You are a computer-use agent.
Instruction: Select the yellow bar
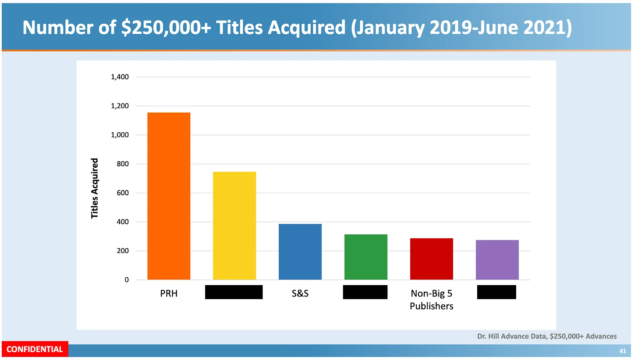234,226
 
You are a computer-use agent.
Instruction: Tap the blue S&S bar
300,251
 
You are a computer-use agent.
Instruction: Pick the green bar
366,257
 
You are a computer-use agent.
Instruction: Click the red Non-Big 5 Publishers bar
432,259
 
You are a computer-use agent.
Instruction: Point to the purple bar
497,260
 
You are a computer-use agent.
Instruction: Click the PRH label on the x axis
169,293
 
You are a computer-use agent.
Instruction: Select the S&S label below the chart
300,293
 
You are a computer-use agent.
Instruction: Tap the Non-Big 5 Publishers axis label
432,300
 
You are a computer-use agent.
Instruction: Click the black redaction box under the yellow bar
234,292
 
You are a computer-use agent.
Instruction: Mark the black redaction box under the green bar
365,292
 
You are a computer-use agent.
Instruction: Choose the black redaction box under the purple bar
496,292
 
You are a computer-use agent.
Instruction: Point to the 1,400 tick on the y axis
120,77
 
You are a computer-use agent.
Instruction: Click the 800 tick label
123,164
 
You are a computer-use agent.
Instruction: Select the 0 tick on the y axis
127,279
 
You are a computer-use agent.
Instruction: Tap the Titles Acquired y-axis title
95,189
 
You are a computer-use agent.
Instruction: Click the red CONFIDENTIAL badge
35,349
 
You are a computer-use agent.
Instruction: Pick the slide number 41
623,351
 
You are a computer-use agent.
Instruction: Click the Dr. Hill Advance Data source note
547,336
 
